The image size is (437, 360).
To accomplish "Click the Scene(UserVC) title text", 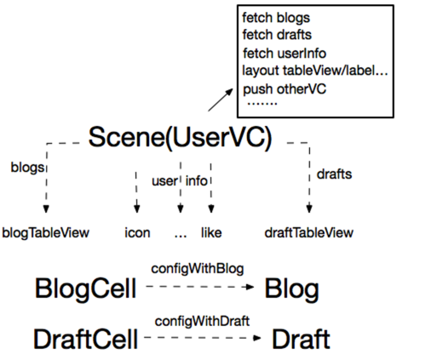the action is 180,138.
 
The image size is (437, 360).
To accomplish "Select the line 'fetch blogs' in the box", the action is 276,18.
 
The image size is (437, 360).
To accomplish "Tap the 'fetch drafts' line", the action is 277,35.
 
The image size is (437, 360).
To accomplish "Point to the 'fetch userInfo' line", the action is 285,54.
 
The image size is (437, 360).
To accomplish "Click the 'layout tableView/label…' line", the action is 315,71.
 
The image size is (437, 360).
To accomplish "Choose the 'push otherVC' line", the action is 285,89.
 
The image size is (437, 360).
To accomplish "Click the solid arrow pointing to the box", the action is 221,100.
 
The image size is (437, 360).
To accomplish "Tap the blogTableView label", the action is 45,233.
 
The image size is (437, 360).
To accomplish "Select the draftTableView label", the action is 308,233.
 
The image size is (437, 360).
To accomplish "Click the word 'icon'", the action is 137,233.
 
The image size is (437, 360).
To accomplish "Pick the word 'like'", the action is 211,233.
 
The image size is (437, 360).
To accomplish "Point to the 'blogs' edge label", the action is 27,168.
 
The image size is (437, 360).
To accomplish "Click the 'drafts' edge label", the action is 334,174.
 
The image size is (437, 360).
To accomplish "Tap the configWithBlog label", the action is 198,269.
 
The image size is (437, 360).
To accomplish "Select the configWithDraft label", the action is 202,321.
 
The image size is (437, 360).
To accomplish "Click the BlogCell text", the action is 85,289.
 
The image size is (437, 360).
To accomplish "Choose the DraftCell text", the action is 85,339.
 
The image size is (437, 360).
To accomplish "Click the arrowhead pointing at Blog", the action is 250,287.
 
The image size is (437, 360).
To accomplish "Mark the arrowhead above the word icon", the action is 137,209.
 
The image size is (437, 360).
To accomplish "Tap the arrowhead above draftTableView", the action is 309,209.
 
